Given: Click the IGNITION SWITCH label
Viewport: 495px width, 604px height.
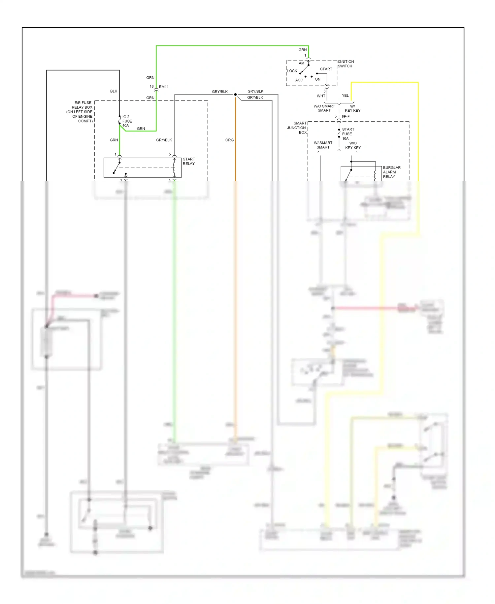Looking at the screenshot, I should (x=346, y=64).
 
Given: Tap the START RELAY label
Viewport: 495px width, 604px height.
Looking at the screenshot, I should (x=189, y=161).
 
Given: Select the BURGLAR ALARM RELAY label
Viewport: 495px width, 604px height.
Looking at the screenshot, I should (x=391, y=172).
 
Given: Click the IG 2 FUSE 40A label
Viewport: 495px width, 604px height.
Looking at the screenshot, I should (x=127, y=121).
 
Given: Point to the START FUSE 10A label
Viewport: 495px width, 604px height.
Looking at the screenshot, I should (x=348, y=134).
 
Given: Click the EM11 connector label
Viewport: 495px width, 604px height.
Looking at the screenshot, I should (x=164, y=87).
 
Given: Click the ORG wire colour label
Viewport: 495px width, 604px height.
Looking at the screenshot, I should (x=229, y=140).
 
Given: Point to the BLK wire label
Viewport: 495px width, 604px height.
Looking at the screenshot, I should (x=114, y=91).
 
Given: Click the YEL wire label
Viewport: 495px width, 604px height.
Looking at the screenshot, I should (x=345, y=95).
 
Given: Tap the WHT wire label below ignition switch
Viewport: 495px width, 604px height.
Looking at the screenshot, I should (x=321, y=96).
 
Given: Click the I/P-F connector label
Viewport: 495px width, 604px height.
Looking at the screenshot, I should (x=346, y=116).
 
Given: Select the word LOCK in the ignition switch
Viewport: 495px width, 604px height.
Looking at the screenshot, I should (x=292, y=71).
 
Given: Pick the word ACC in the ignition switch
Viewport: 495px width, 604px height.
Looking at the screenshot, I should (x=299, y=80).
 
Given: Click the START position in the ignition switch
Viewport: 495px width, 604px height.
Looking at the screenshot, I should (x=326, y=69).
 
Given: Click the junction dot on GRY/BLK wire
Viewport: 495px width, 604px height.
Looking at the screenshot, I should (x=235, y=95).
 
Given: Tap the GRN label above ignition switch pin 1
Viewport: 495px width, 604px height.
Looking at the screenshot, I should (x=302, y=50).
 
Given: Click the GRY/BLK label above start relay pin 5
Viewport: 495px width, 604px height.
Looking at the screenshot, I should (x=164, y=140).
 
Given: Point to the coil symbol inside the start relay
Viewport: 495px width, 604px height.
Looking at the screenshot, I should (x=174, y=167).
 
